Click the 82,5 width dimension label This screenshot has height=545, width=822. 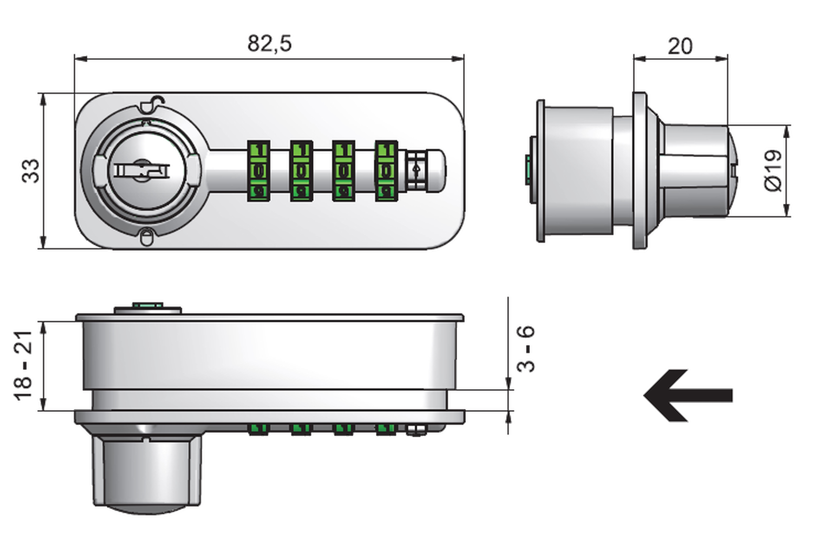(x=269, y=44)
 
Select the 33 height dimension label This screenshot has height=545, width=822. (x=31, y=171)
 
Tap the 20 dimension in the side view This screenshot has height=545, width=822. (x=680, y=46)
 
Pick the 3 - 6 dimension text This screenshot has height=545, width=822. (x=526, y=349)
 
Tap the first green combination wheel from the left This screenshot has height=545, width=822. (x=258, y=171)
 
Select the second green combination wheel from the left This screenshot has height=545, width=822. (x=301, y=171)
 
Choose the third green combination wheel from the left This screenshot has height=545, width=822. (x=343, y=171)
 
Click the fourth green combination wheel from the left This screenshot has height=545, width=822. (x=386, y=171)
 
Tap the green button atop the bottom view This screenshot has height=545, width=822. (x=148, y=305)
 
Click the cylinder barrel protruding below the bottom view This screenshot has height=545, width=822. (x=147, y=472)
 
